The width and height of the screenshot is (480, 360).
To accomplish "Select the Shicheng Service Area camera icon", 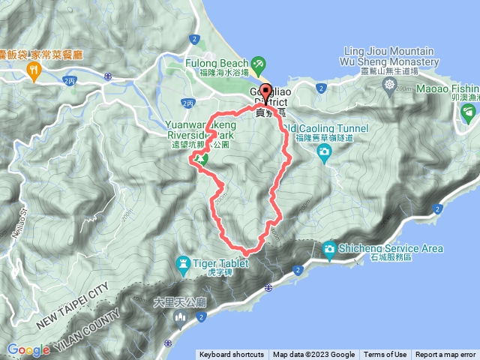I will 329,248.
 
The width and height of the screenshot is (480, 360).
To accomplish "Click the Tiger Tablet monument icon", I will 182,263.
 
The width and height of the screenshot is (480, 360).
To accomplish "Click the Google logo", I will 28,349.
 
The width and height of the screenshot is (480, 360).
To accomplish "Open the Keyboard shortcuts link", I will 231,355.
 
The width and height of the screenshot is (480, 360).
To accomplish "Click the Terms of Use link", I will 385,355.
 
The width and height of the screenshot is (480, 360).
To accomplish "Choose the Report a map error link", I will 445,355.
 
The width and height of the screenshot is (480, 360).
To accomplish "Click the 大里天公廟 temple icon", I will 180,319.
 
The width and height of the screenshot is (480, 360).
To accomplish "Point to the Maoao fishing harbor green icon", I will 469,113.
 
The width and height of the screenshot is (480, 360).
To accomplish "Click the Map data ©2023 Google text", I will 313,355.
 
